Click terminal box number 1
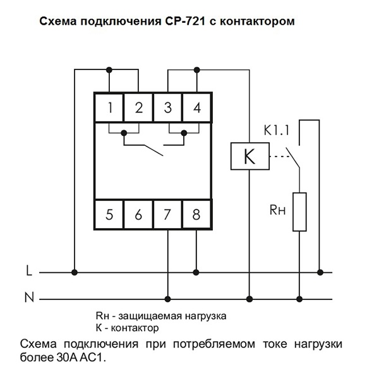click(x=109, y=107)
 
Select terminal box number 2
click(x=139, y=107)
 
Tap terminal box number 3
click(x=168, y=107)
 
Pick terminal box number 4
click(x=197, y=107)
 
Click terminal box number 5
click(x=109, y=214)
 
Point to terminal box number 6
click(x=139, y=214)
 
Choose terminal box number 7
click(x=168, y=214)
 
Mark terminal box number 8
click(x=197, y=214)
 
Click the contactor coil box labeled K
click(x=250, y=156)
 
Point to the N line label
click(x=29, y=298)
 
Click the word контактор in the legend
click(x=135, y=328)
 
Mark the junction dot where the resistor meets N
click(x=299, y=298)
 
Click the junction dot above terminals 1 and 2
click(x=110, y=69)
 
